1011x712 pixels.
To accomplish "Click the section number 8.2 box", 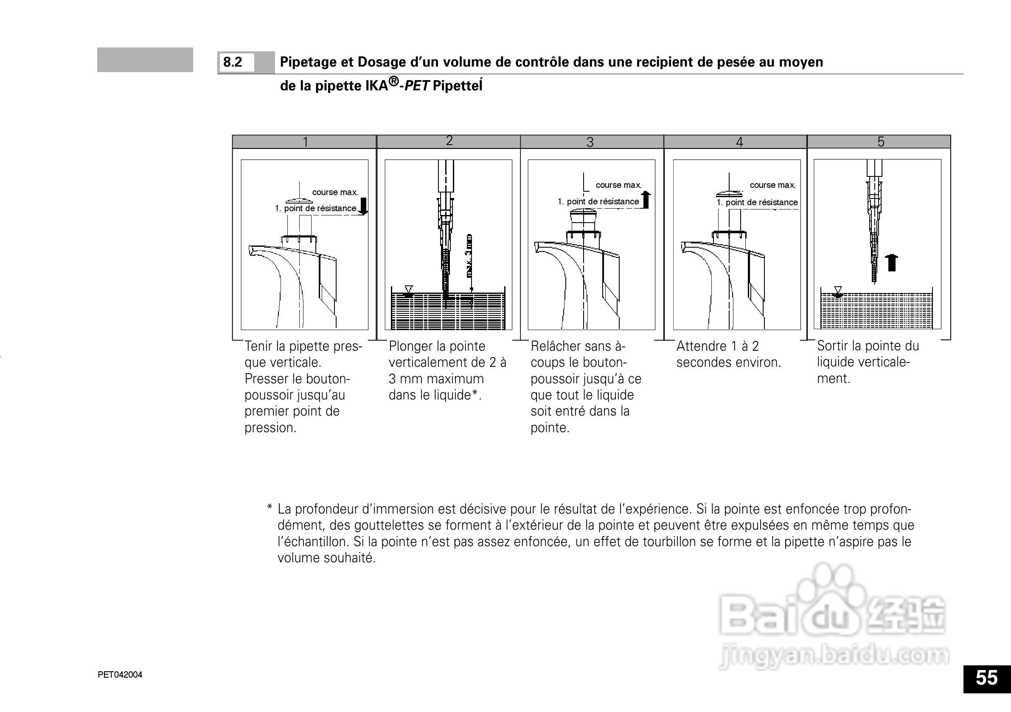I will [237, 62].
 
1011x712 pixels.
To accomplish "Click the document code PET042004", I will [120, 675].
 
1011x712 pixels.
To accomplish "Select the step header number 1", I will [305, 142].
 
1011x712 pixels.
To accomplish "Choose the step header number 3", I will [590, 142].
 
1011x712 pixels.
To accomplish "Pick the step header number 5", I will [881, 141].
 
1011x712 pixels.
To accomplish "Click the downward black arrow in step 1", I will [363, 206].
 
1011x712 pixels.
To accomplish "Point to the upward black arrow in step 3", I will [646, 200].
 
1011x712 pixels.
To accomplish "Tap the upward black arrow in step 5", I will [892, 263].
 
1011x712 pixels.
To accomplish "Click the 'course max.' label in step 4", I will [772, 185].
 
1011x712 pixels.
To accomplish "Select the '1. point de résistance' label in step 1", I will [315, 208].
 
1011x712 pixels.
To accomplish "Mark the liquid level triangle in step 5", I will [838, 290].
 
